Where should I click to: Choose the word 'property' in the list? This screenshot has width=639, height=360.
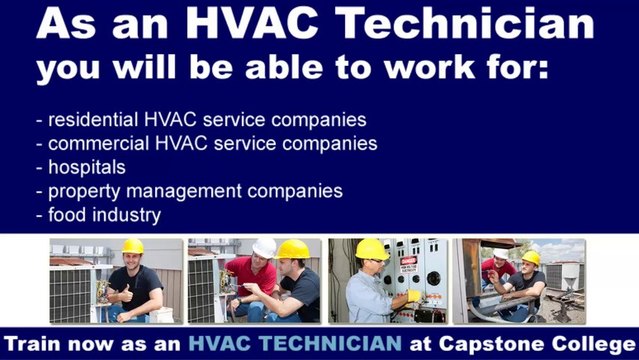(83, 190)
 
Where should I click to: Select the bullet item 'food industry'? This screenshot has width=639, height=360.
(104, 213)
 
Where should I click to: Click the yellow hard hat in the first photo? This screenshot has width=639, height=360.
(132, 246)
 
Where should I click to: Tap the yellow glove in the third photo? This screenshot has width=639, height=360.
(413, 295)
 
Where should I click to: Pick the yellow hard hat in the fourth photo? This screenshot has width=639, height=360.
(531, 257)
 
